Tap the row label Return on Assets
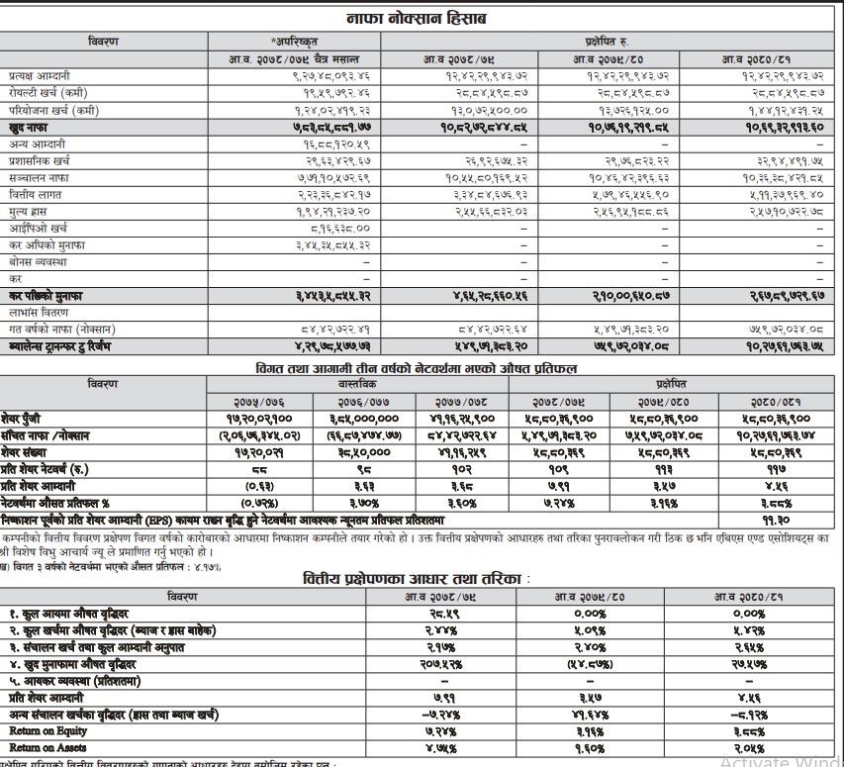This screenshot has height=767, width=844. pos(36,746)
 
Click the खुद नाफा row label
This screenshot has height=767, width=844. pos(25,129)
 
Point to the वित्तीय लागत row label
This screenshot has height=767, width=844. pos(29,195)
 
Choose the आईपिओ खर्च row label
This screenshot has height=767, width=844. pos(31,229)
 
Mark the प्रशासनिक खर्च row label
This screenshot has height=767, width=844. pos(36,161)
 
